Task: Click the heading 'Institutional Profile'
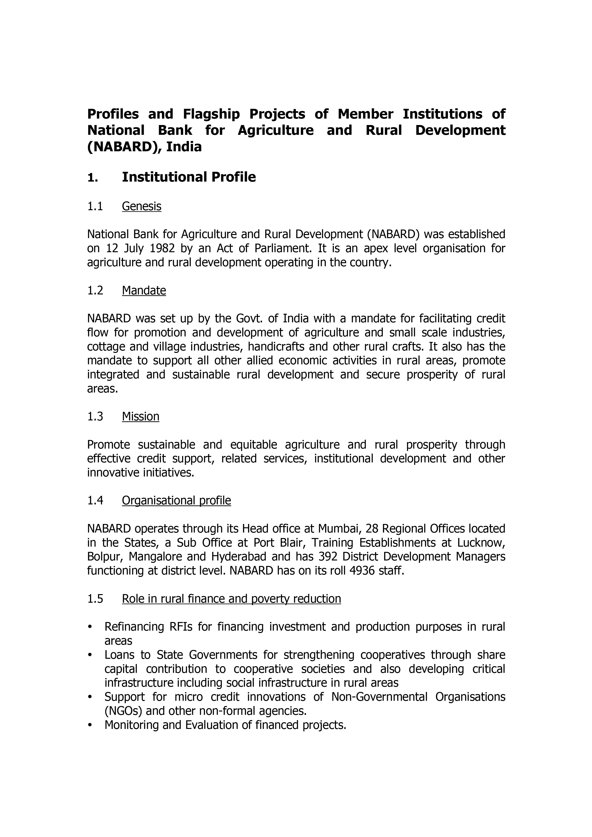[189, 177]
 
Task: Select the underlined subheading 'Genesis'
[142, 206]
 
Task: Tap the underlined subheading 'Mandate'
[144, 291]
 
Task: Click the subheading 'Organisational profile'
[176, 501]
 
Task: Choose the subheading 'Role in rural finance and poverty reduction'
[231, 599]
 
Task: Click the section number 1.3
[95, 416]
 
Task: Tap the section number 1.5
[95, 599]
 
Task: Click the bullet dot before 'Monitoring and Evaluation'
[89, 725]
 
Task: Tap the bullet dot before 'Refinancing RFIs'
[89, 627]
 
